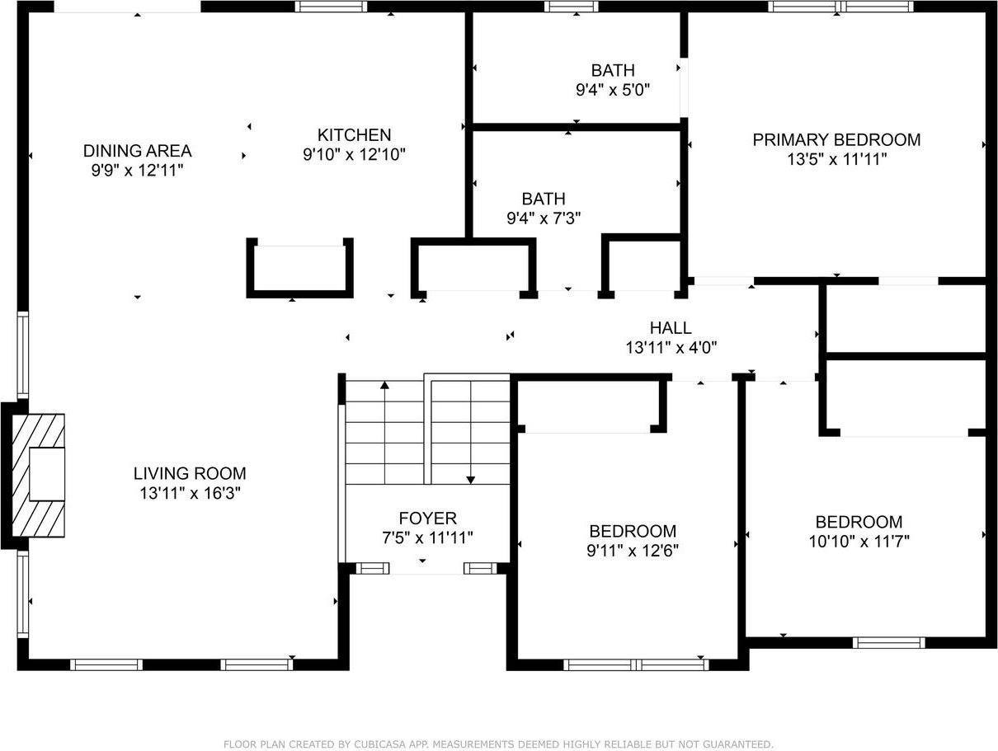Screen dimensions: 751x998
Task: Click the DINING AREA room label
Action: point(137,151)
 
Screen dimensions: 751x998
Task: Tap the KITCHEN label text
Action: point(354,135)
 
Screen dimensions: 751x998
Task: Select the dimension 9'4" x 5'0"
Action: point(613,90)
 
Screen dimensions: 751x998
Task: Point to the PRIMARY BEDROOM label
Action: point(836,140)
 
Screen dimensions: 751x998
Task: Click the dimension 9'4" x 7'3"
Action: point(544,218)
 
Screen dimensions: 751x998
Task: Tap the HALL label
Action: point(671,328)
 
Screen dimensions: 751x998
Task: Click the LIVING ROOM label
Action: point(190,473)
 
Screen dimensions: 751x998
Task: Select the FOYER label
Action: point(427,519)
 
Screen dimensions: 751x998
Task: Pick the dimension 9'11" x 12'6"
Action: point(633,551)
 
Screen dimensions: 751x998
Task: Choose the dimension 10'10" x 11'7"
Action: point(859,542)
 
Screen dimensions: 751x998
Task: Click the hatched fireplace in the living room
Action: point(38,475)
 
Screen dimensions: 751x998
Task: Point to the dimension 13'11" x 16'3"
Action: point(190,493)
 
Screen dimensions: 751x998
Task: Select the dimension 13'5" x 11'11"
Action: point(836,160)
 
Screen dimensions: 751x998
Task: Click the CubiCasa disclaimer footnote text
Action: point(498,744)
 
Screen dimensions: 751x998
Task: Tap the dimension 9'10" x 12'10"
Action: point(354,154)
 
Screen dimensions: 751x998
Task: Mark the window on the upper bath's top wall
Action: point(572,7)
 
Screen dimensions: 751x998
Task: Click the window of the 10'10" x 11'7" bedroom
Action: point(888,642)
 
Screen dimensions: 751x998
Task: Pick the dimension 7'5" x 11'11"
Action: point(427,538)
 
